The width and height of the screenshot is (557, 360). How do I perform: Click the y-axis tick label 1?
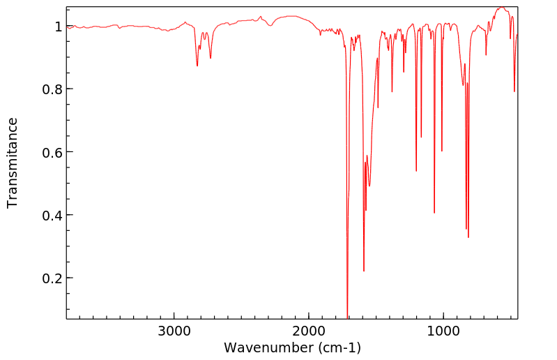58,27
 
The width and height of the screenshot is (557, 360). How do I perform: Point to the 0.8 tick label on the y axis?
52,89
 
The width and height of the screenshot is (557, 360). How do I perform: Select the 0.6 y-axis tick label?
52,152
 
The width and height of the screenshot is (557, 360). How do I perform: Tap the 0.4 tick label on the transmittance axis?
52,215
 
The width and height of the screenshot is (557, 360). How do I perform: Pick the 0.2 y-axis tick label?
52,278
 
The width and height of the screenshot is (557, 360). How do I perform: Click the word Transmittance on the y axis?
13,163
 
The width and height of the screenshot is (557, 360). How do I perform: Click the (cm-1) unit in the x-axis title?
339,347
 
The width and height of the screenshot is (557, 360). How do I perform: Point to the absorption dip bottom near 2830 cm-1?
197,66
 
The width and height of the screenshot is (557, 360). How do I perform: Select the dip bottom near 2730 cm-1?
211,58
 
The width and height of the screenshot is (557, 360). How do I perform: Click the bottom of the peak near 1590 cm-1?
364,271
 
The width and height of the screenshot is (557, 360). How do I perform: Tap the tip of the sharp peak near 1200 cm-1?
416,171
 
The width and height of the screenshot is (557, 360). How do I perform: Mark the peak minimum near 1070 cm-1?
434,213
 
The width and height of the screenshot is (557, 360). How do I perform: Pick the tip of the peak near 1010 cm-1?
442,151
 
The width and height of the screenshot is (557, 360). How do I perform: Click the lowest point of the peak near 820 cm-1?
468,237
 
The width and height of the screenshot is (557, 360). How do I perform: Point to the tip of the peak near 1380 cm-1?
392,91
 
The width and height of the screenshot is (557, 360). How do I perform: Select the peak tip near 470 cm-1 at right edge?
514,91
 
